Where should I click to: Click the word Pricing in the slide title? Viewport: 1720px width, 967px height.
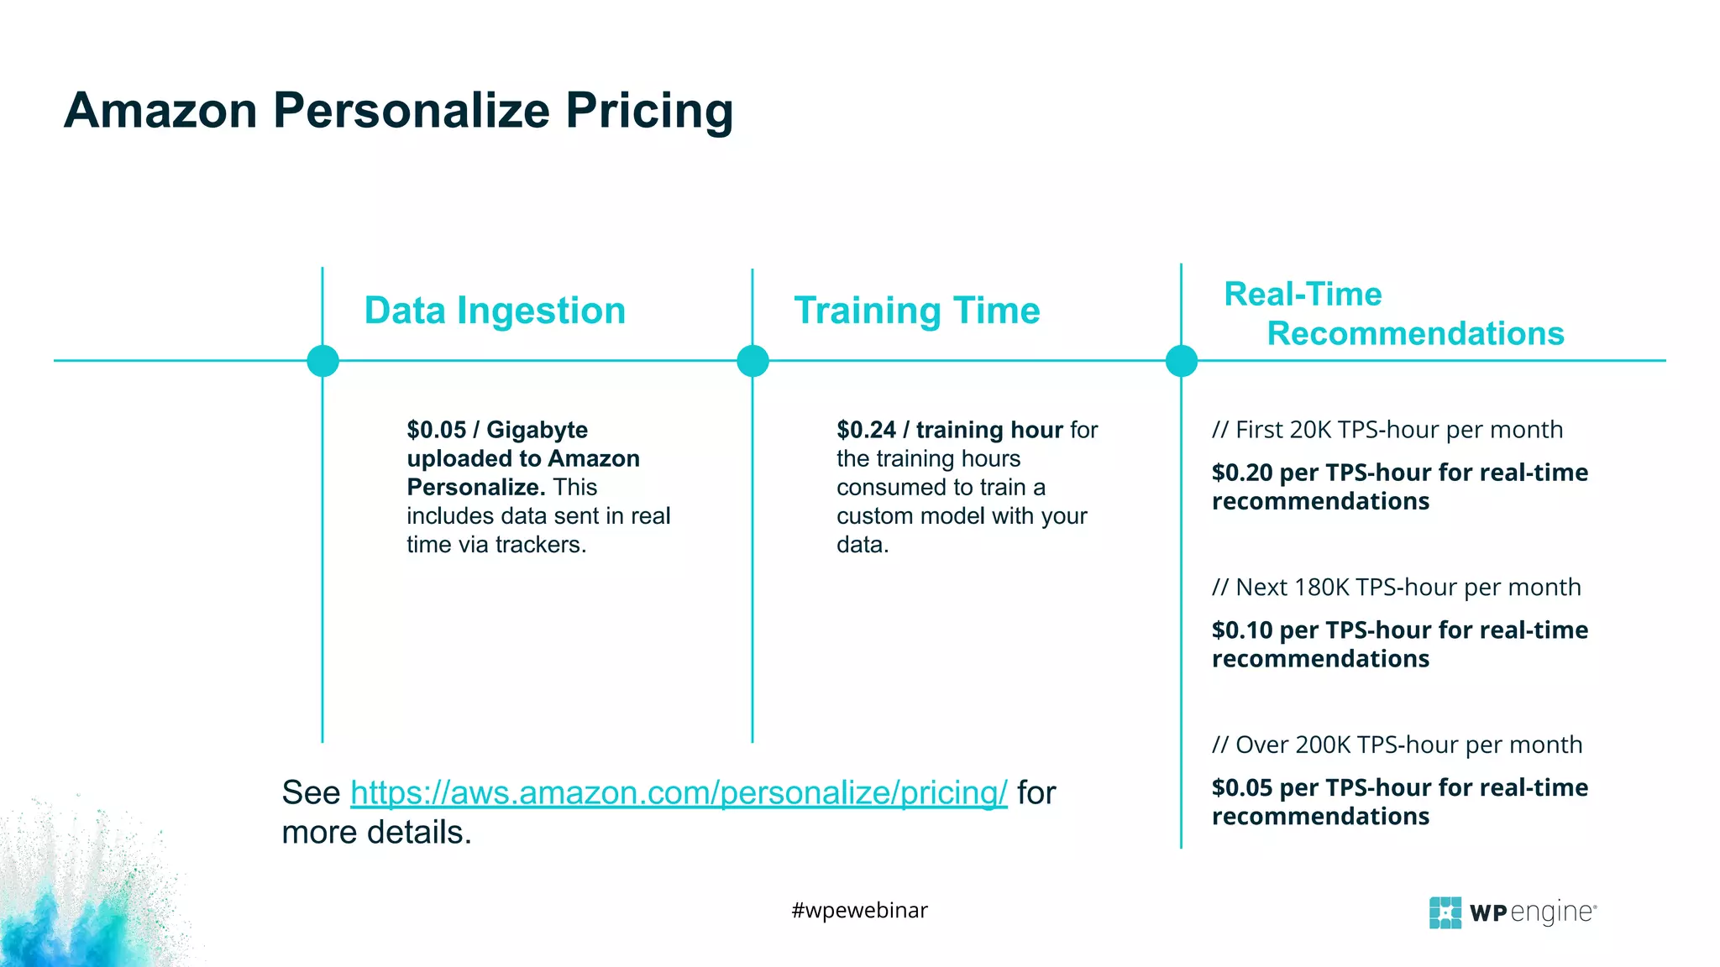point(648,111)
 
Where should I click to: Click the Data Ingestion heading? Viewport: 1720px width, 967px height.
point(495,311)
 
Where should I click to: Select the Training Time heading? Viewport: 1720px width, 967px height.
point(917,311)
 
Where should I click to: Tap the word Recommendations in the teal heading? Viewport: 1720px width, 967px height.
point(1415,333)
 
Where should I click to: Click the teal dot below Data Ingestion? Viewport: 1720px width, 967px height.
point(323,361)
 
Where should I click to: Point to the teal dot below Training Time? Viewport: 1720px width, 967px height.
point(752,361)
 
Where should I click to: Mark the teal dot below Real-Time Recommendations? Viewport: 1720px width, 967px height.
point(1182,361)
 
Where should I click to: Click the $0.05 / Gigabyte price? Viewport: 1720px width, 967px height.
point(497,430)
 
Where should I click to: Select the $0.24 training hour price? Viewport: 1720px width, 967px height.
point(949,430)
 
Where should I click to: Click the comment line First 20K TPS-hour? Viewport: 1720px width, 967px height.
point(1387,430)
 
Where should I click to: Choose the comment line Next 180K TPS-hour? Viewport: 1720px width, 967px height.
point(1396,588)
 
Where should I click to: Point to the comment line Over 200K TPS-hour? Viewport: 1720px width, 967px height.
point(1397,745)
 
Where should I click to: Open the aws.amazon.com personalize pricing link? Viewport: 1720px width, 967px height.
point(679,792)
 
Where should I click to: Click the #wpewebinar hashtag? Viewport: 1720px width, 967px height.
point(859,910)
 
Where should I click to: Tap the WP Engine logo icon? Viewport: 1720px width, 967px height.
point(1445,912)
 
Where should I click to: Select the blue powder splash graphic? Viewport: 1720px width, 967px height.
point(76,907)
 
